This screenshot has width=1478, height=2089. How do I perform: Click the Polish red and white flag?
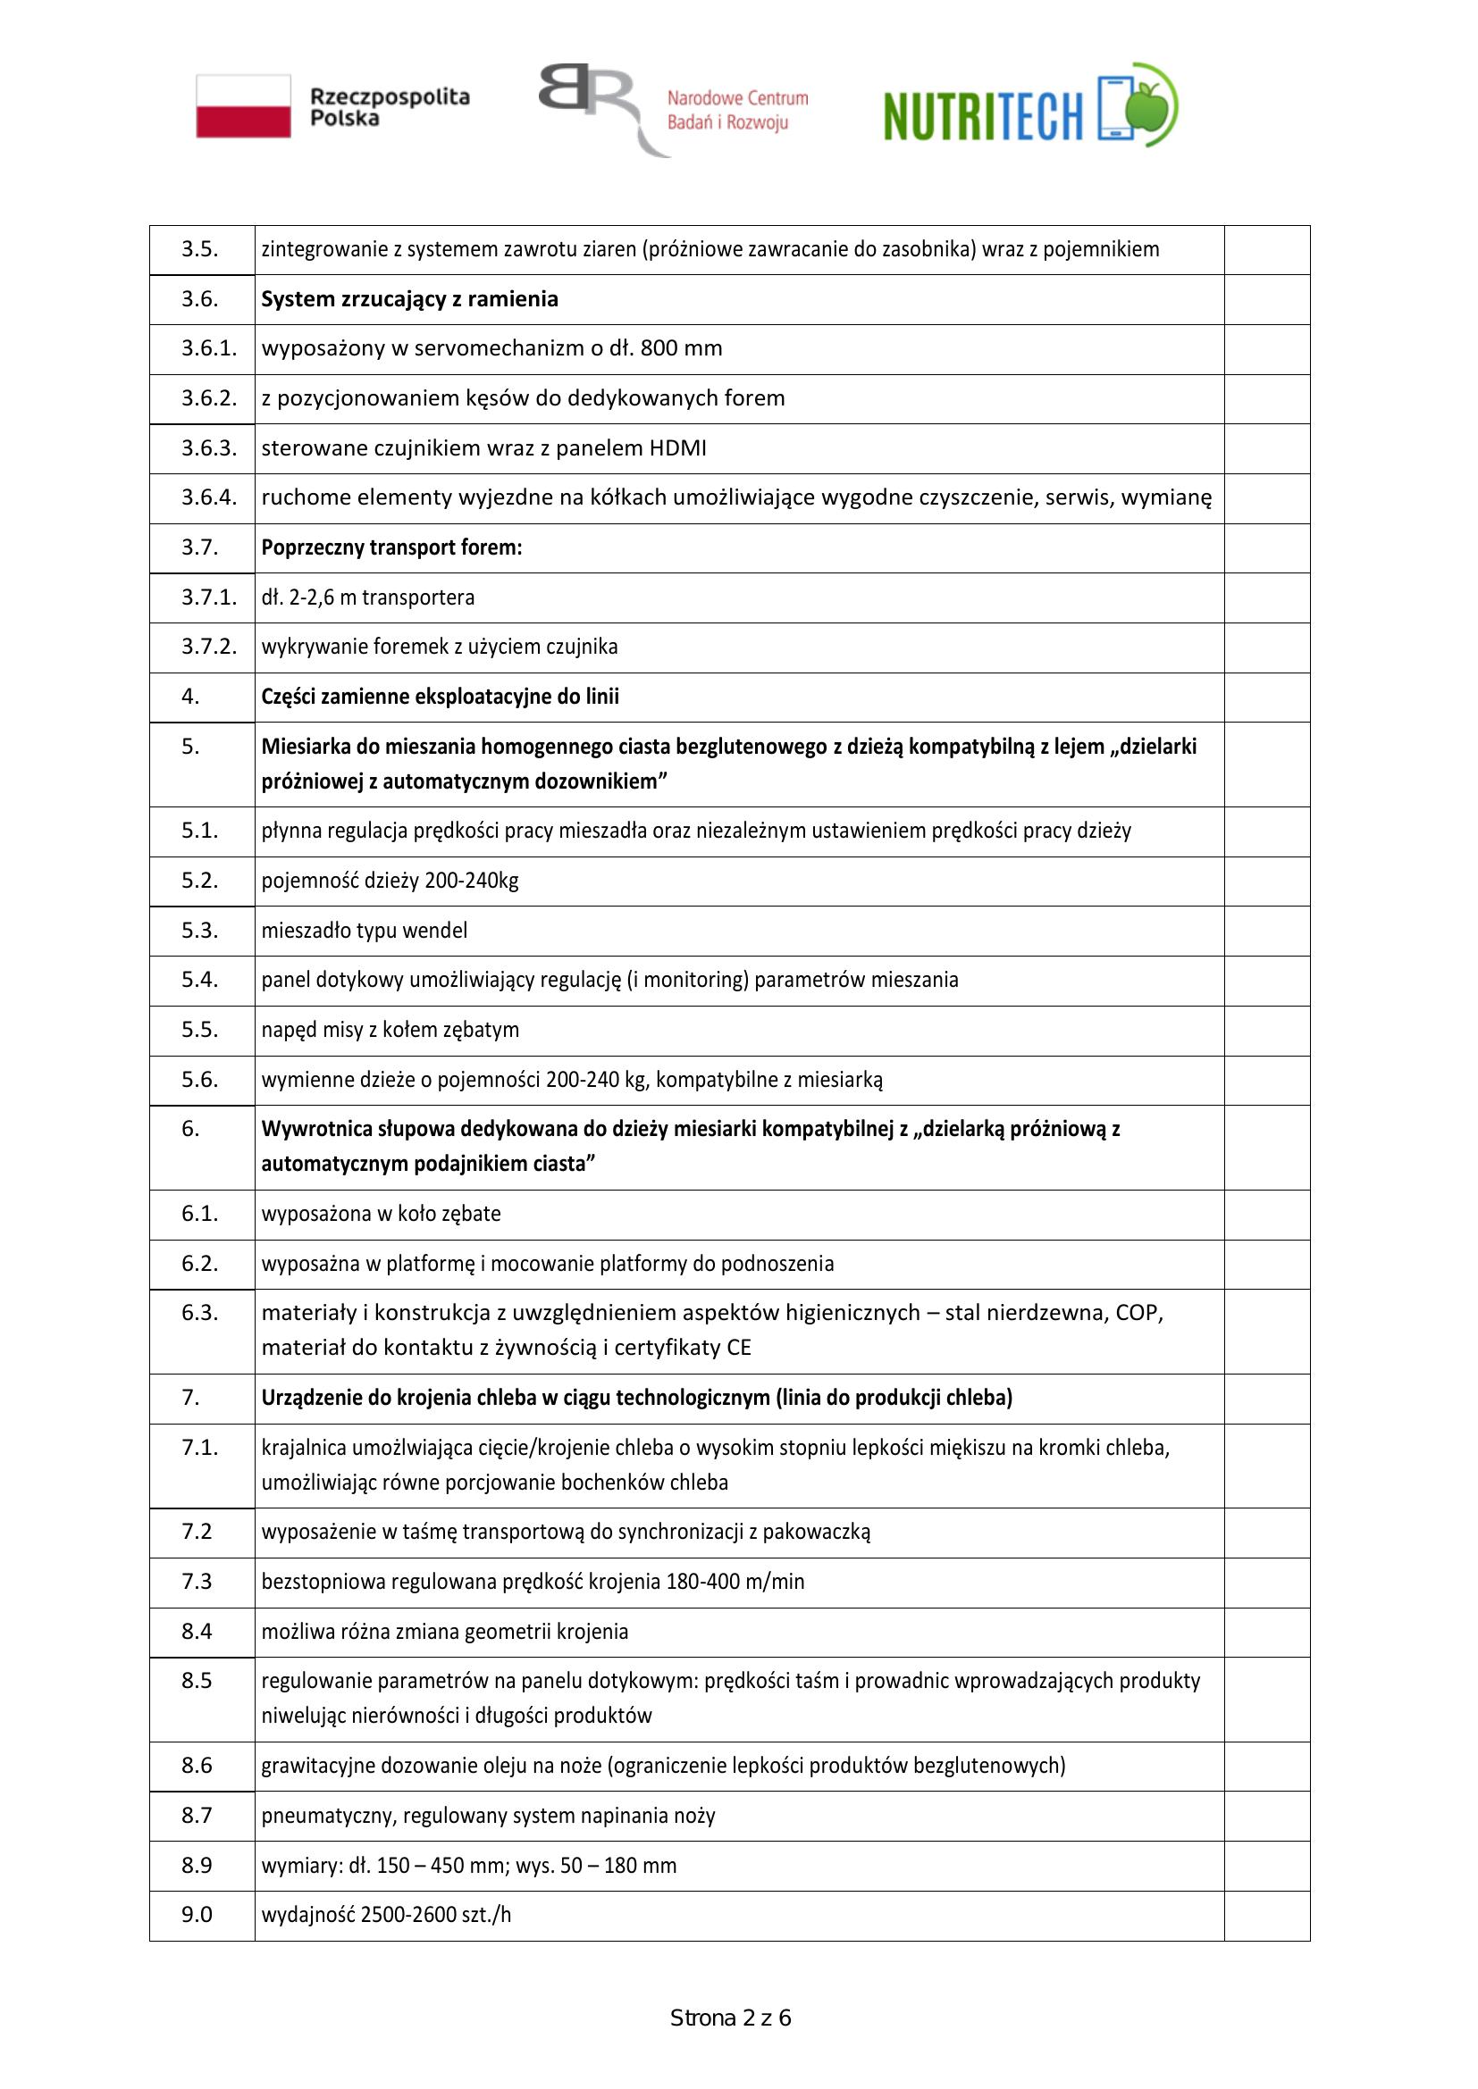243,106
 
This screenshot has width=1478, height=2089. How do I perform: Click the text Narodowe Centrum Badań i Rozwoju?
736,110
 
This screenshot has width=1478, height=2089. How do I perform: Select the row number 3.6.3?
208,448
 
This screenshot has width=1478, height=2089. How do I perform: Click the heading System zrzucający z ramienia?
409,299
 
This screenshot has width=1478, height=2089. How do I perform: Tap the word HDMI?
678,448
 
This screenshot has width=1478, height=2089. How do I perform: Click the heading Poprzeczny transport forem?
391,547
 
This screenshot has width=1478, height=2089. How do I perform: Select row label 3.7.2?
208,647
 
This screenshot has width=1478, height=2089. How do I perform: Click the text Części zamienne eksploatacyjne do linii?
440,697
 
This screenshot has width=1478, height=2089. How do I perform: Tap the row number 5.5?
199,1030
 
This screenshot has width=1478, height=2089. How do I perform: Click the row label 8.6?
197,1766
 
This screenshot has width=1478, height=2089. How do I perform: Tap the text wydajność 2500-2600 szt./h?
386,1915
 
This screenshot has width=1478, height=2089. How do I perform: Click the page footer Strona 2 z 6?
730,2019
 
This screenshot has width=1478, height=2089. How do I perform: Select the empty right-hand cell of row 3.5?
1266,249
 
